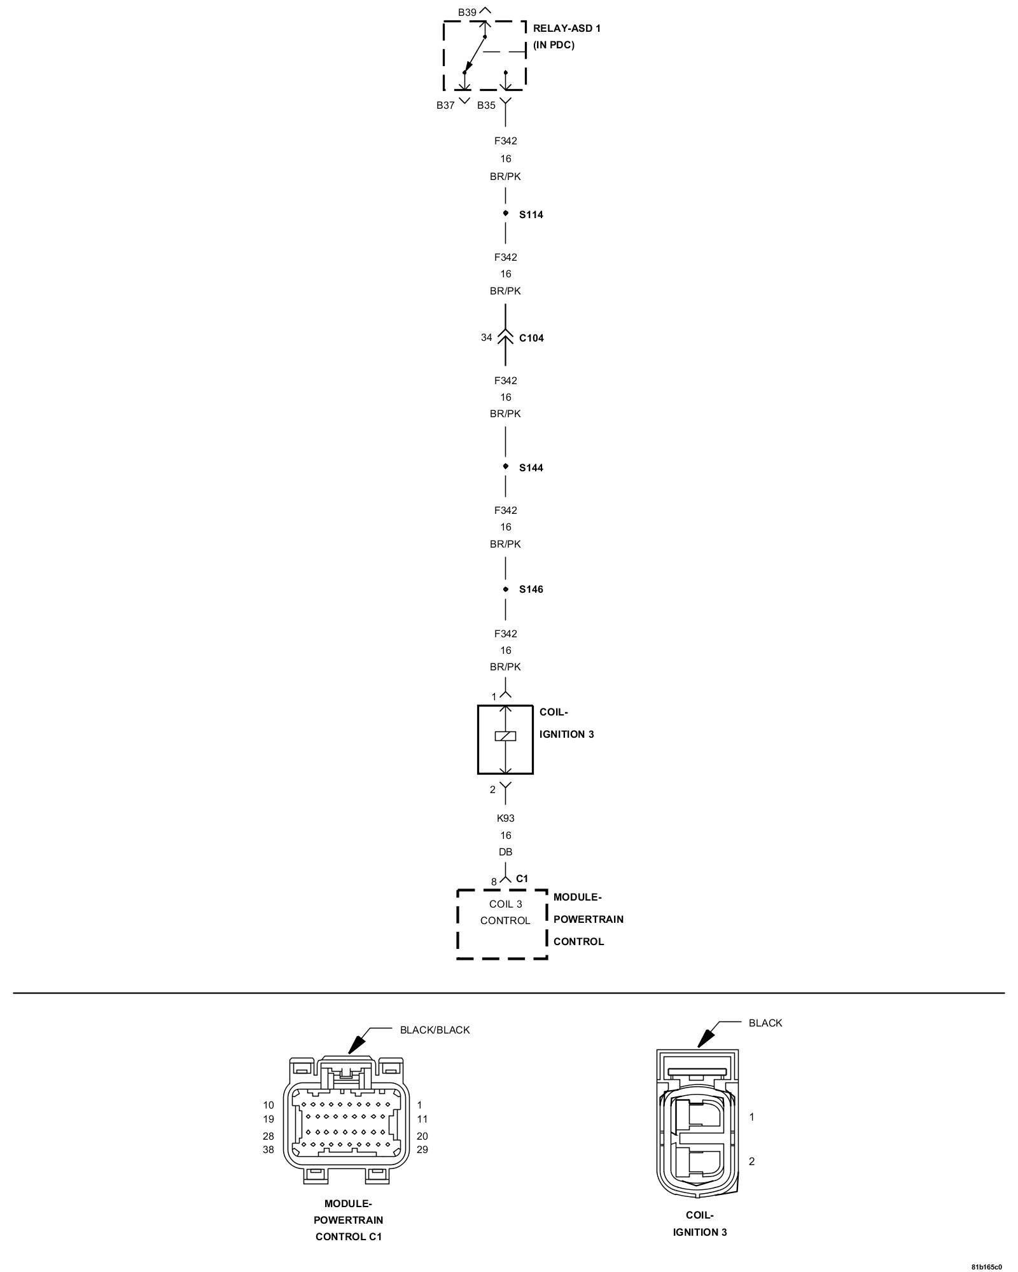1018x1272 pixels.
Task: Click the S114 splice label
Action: pos(531,215)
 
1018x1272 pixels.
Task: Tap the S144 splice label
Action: pos(531,468)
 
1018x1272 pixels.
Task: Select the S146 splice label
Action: pos(531,590)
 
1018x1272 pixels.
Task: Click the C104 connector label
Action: pos(531,338)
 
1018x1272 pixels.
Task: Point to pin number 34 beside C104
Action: pos(486,338)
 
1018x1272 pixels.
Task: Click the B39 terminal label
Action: pos(467,13)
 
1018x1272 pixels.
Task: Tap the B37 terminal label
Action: pos(445,106)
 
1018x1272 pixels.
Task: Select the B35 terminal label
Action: pos(486,106)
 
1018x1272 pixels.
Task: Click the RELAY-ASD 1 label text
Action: pos(566,29)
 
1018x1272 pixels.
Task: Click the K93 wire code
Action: pos(506,819)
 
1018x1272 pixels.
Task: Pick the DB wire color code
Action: pos(506,852)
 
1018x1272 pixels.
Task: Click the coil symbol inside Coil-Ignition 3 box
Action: pos(505,736)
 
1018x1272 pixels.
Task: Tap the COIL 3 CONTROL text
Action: pos(505,912)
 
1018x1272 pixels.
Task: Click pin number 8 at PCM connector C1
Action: pos(494,882)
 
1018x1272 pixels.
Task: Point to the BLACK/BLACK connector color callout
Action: pos(435,1030)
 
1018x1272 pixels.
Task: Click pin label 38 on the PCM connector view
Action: pos(268,1150)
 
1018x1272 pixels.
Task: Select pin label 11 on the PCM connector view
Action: pos(422,1119)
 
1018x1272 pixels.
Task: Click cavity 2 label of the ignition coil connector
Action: pos(751,1161)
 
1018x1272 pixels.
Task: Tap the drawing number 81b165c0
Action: pos(986,1266)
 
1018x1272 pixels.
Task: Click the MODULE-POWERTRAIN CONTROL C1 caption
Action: pos(348,1220)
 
